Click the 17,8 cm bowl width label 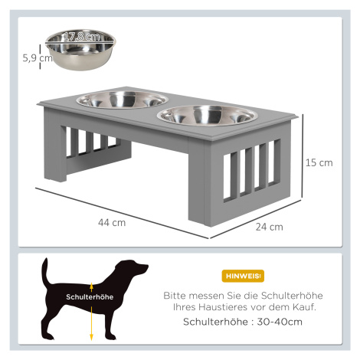pyautogui.click(x=82, y=37)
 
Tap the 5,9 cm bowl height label pyautogui.click(x=38, y=58)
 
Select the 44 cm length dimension pyautogui.click(x=112, y=223)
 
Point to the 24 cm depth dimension pyautogui.click(x=270, y=227)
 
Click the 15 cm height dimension pyautogui.click(x=319, y=162)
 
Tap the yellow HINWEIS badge pyautogui.click(x=243, y=276)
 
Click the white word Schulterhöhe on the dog pyautogui.click(x=90, y=297)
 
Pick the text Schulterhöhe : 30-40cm pyautogui.click(x=243, y=322)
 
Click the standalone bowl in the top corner pyautogui.click(x=80, y=50)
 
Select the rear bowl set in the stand pyautogui.click(x=123, y=100)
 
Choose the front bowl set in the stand pyautogui.click(x=208, y=116)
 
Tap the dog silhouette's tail pyautogui.click(x=45, y=271)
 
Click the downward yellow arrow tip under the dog pyautogui.click(x=91, y=339)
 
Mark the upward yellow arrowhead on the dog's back pyautogui.click(x=91, y=286)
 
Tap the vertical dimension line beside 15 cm pyautogui.click(x=303, y=156)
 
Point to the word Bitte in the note pyautogui.click(x=175, y=296)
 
